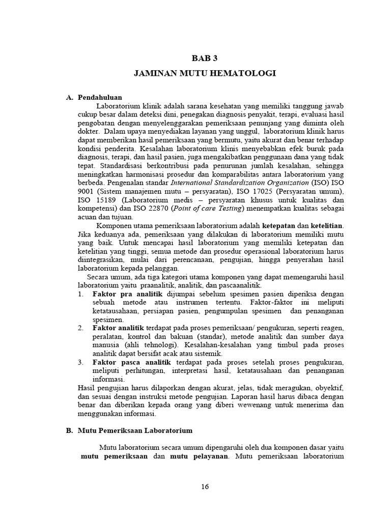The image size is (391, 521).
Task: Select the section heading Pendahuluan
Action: click(100, 97)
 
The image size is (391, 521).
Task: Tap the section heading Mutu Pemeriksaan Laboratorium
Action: click(135, 430)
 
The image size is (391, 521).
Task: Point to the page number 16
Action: click(205, 486)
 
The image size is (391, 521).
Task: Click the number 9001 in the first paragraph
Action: click(87, 191)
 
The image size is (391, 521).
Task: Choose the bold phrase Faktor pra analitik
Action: click(120, 294)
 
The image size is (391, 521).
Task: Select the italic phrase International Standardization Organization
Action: click(239, 182)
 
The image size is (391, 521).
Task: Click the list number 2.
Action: click(80, 328)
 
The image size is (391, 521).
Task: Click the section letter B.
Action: click(69, 430)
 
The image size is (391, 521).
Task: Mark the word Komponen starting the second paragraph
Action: click(115, 225)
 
